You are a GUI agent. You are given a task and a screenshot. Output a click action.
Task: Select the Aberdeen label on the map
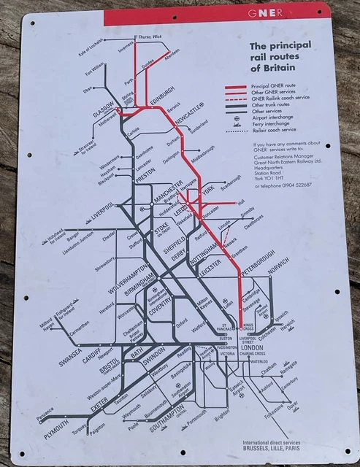172,56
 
